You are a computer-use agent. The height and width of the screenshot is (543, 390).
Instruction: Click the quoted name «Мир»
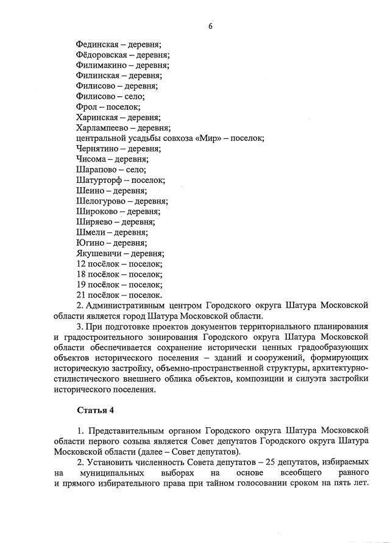point(210,138)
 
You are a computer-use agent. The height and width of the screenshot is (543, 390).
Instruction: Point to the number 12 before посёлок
point(82,263)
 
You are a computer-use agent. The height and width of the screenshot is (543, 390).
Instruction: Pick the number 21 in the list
point(82,294)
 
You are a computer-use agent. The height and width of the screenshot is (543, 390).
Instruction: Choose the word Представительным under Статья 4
point(124,430)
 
